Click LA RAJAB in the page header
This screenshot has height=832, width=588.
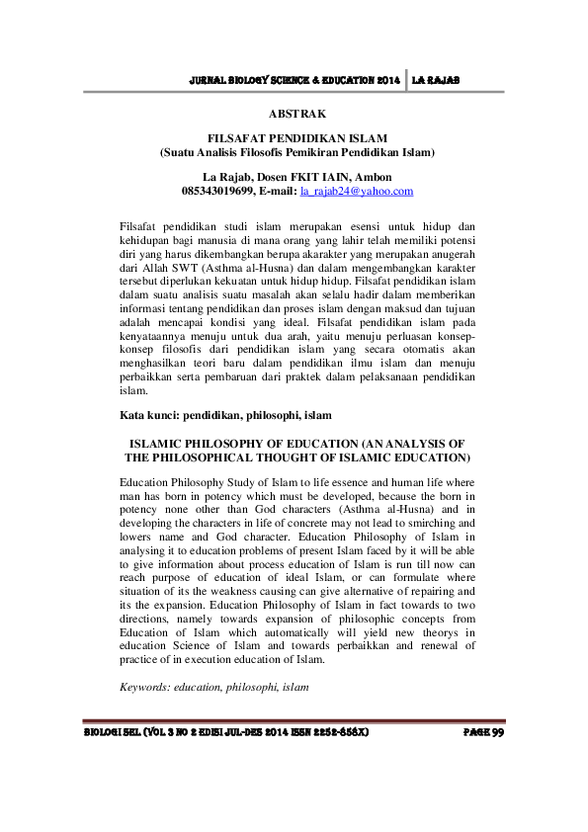click(438, 78)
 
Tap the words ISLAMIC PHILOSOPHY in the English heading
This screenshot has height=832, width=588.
click(201, 444)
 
